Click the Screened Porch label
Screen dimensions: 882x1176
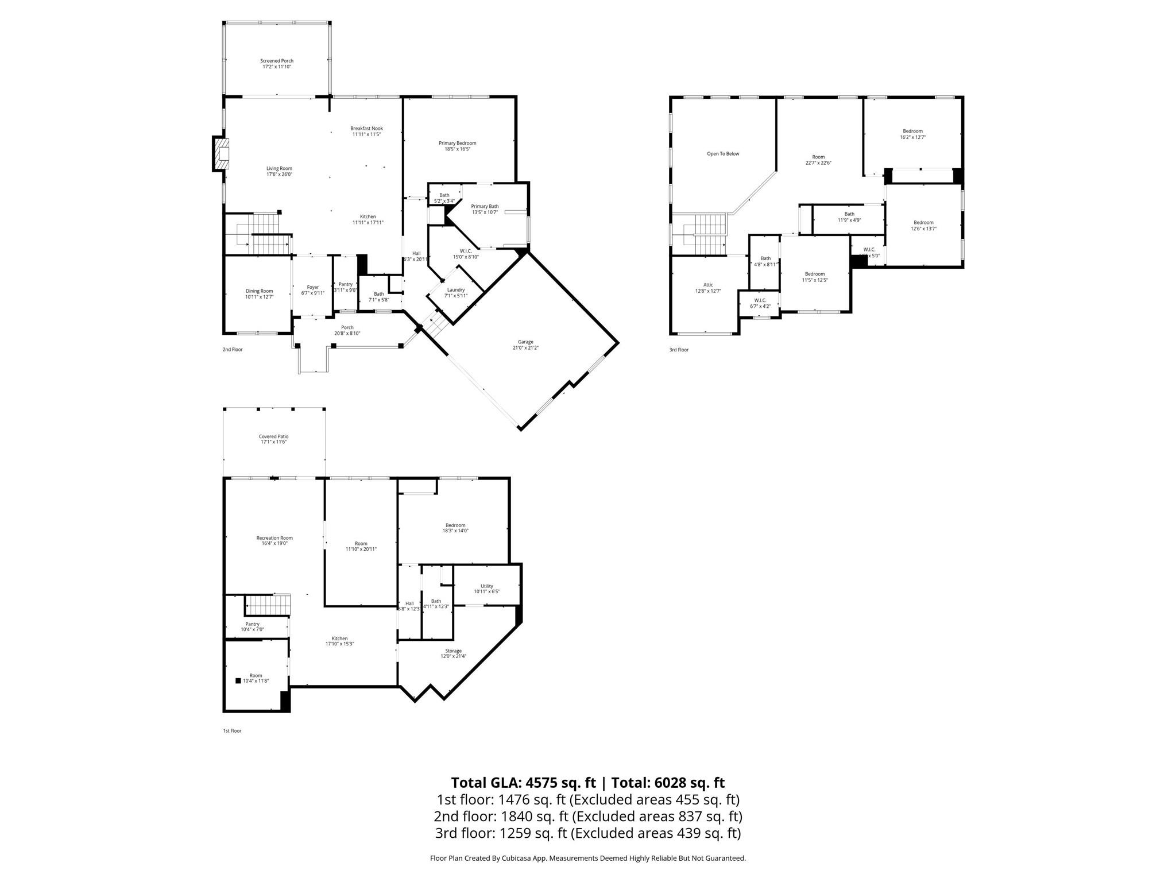(x=277, y=61)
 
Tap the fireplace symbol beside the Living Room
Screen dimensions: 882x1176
(x=221, y=154)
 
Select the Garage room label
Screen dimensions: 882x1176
(x=525, y=342)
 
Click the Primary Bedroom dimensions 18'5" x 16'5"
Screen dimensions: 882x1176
(x=457, y=149)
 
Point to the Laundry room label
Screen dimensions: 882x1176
(x=456, y=290)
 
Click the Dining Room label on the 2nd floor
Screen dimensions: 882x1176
(x=259, y=291)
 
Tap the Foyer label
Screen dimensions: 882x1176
(x=313, y=287)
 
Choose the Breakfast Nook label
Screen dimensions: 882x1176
(x=366, y=129)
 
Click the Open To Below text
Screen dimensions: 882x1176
(x=723, y=154)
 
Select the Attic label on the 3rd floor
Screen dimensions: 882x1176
(x=708, y=285)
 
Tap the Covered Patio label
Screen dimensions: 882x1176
(x=273, y=436)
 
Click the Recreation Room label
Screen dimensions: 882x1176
(x=274, y=538)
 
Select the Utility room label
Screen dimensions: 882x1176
(x=487, y=586)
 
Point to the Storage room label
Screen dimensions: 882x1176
(x=453, y=651)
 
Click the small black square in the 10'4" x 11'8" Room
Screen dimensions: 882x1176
(x=238, y=681)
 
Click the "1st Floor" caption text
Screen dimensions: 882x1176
(x=232, y=731)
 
